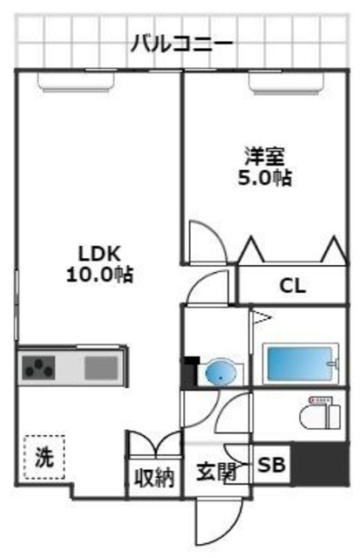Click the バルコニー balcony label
(181, 42)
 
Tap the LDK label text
(98, 254)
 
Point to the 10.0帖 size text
(99, 275)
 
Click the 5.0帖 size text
(266, 178)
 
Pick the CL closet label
(292, 284)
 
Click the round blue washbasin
(221, 372)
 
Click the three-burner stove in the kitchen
(40, 367)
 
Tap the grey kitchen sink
(101, 367)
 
